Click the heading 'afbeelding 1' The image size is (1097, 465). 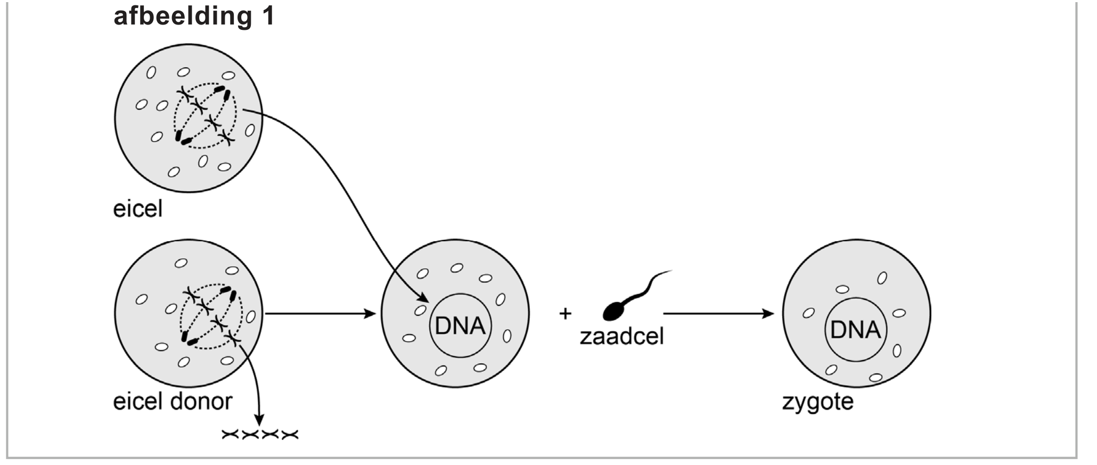pyautogui.click(x=194, y=16)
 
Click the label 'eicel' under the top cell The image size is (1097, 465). pyautogui.click(x=137, y=209)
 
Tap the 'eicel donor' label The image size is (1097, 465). pyautogui.click(x=173, y=401)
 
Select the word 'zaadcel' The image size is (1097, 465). pyautogui.click(x=621, y=337)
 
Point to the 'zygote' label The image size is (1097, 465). pyautogui.click(x=817, y=401)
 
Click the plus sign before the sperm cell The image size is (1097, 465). pyautogui.click(x=565, y=313)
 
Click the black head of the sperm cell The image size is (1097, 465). pyautogui.click(x=613, y=311)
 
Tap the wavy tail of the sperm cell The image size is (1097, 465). pyautogui.click(x=647, y=285)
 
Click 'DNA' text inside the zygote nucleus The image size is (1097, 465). pyautogui.click(x=855, y=330)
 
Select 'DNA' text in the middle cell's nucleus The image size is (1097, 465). pyautogui.click(x=460, y=325)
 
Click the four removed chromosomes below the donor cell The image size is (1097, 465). pyautogui.click(x=260, y=435)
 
